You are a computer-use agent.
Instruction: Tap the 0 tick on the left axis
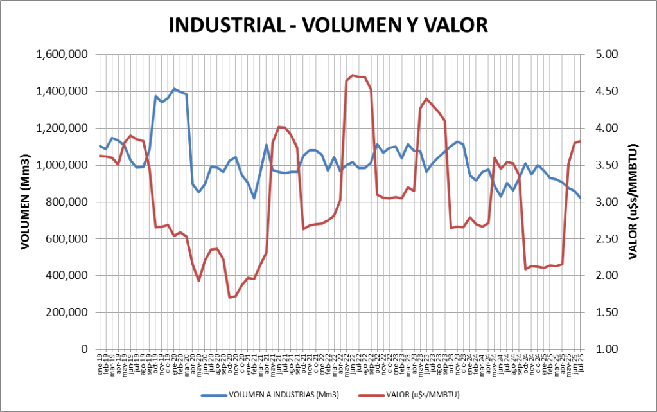(84, 350)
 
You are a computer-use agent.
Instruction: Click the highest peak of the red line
(353, 75)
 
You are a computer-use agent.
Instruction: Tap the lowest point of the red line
(230, 298)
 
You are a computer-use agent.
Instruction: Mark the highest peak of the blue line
(174, 89)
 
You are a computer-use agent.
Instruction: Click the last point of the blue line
(580, 198)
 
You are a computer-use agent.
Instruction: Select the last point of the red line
(580, 141)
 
